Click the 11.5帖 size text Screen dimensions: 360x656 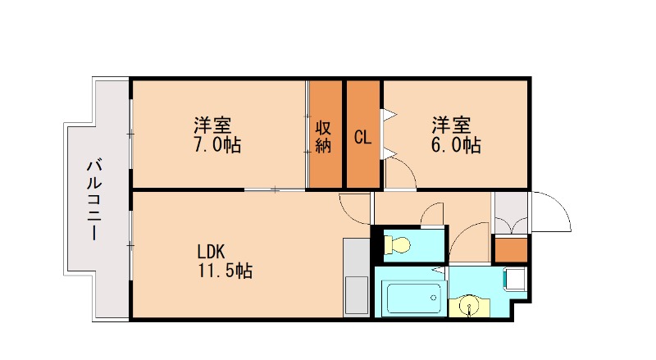point(224,271)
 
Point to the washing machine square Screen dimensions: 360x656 point(515,279)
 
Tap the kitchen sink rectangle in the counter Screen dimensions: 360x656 point(357,295)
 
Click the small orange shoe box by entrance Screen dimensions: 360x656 point(510,249)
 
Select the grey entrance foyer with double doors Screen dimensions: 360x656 point(510,212)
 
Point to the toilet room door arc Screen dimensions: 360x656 point(433,215)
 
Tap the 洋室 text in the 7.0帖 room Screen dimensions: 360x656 point(212,126)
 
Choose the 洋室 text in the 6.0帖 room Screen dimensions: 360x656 point(452,126)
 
